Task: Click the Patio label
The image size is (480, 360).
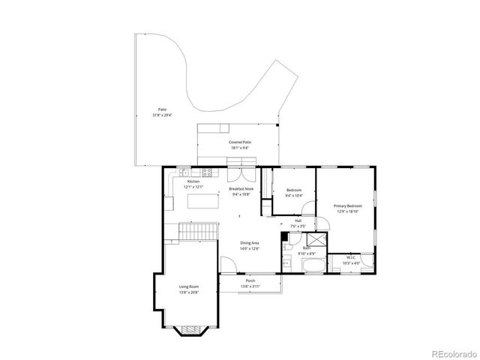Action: point(162,109)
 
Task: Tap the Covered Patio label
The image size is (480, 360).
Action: point(240,142)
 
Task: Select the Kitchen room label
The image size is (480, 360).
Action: point(193,182)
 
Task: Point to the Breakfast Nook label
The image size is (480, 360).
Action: point(240,189)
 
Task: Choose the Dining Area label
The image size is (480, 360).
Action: point(250,243)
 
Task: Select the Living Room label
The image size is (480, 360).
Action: point(188,286)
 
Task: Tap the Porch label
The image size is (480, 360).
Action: point(250,281)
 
